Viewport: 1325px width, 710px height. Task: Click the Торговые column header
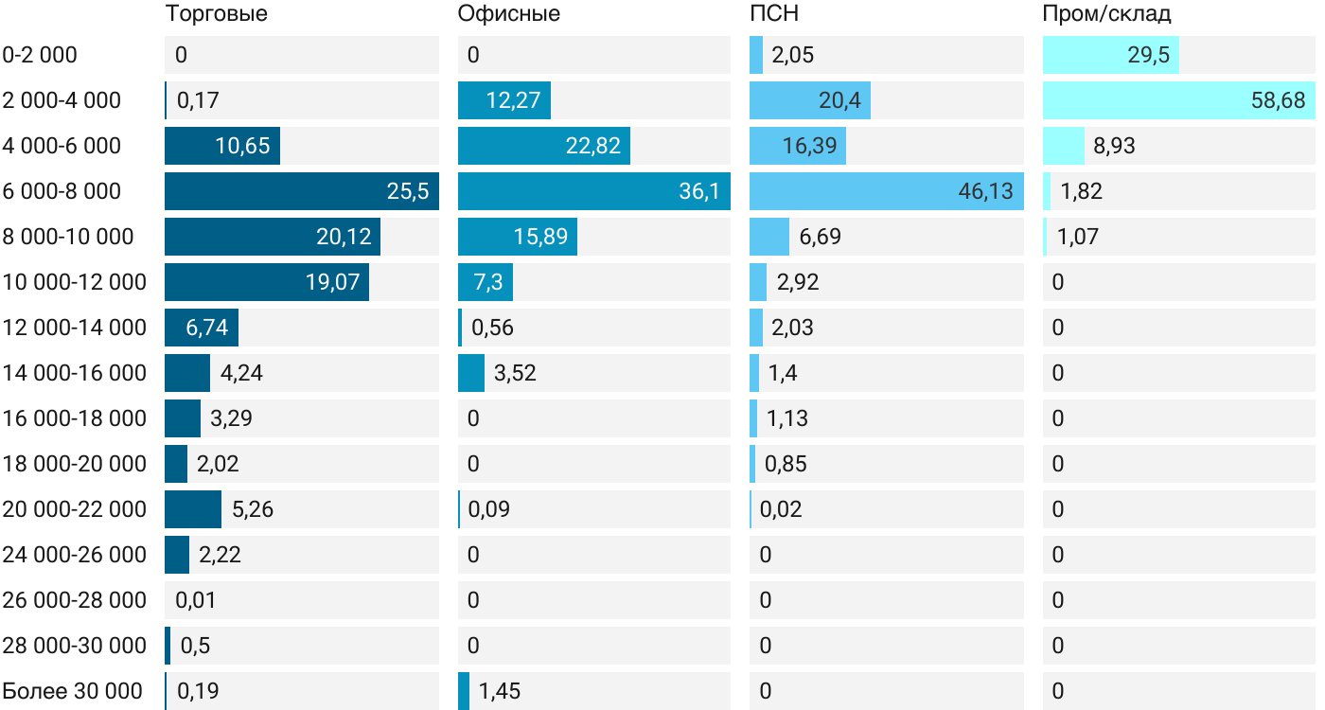pyautogui.click(x=216, y=14)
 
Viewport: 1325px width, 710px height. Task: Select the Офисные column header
pyautogui.click(x=508, y=14)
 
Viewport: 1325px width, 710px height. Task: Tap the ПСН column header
pyautogui.click(x=773, y=14)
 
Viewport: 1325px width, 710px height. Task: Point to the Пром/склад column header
pyautogui.click(x=1106, y=14)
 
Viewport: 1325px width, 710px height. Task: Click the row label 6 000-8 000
pyautogui.click(x=62, y=191)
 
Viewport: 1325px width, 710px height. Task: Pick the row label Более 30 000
pyautogui.click(x=73, y=691)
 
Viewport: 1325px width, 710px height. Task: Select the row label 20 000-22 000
pyautogui.click(x=75, y=509)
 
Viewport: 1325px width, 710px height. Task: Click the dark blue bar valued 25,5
pyautogui.click(x=301, y=191)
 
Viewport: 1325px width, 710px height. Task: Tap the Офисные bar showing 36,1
pyautogui.click(x=593, y=191)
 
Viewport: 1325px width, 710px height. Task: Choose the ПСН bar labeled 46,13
pyautogui.click(x=886, y=191)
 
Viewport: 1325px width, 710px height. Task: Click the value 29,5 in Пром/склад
pyautogui.click(x=1148, y=55)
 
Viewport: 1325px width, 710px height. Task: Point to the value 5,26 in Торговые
pyautogui.click(x=253, y=509)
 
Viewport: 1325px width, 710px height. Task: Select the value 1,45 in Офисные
pyautogui.click(x=499, y=691)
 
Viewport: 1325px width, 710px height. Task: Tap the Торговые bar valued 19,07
pyautogui.click(x=267, y=282)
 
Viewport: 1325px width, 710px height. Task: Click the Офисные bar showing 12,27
pyautogui.click(x=503, y=100)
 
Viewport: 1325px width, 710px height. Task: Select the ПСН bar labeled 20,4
pyautogui.click(x=809, y=100)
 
